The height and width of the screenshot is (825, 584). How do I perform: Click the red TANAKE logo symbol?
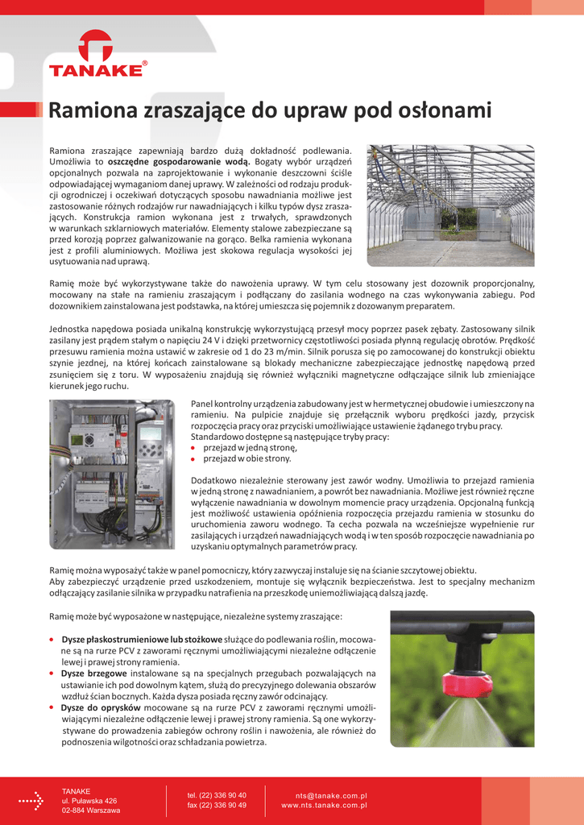(96, 47)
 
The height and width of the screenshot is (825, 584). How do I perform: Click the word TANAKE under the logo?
(95, 71)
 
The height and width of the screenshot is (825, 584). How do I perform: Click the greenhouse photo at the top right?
(450, 205)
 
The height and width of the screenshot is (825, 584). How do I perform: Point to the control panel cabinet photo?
(112, 480)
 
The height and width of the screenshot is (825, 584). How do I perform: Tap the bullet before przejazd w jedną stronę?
(194, 447)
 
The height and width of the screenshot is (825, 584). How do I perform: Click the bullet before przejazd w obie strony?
(194, 458)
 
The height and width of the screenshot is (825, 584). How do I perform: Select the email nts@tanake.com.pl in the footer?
(331, 795)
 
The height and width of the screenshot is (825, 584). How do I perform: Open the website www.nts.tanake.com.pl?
(324, 805)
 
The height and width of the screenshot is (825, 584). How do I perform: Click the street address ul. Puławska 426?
(89, 801)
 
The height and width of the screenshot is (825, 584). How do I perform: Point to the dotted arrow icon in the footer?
(31, 801)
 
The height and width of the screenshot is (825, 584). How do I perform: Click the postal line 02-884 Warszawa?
(91, 810)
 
